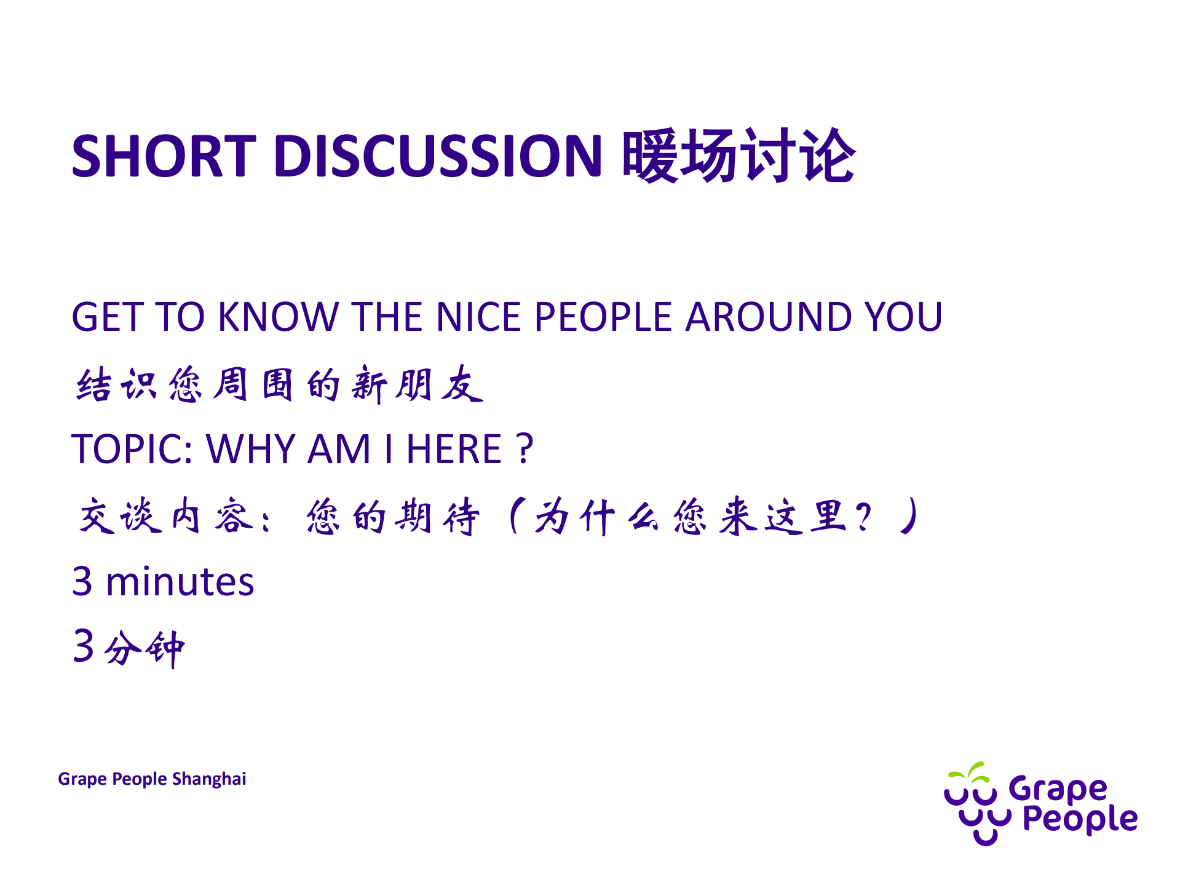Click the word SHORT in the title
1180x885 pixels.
tap(163, 156)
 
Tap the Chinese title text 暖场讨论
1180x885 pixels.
tap(738, 156)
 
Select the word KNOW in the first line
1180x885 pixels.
tap(279, 317)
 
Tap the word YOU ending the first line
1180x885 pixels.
tap(903, 317)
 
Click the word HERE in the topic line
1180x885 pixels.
tap(454, 449)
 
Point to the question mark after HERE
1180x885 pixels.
tap(525, 449)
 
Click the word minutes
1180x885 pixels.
tap(180, 582)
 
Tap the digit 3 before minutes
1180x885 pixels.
tap(82, 582)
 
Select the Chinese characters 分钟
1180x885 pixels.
tap(145, 648)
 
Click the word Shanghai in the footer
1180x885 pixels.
tap(209, 779)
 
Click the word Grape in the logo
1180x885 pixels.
tap(1058, 789)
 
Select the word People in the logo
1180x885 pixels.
tap(1080, 820)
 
